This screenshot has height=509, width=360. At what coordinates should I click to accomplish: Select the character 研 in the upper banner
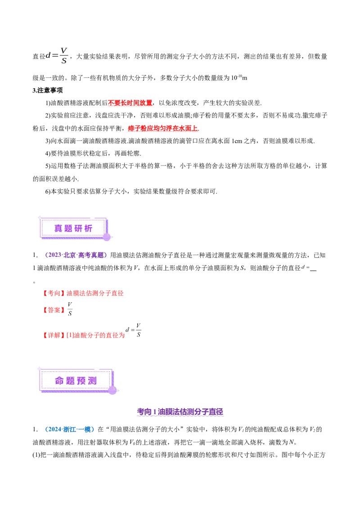pos(78,228)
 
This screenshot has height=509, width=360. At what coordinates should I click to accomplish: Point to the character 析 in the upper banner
pos(88,228)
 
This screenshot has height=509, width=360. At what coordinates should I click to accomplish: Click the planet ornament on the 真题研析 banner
pos(107,237)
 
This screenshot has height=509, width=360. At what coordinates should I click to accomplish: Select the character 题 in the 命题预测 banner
pos(70,381)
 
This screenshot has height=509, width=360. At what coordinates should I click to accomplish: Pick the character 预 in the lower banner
pos(81,381)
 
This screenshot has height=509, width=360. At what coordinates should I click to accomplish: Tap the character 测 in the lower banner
pos(92,381)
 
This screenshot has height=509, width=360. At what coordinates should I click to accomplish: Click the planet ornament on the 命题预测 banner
pos(112,390)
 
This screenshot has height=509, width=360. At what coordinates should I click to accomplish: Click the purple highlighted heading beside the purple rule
pos(180,412)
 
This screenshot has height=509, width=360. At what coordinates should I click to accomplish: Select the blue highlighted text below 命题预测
pos(70,430)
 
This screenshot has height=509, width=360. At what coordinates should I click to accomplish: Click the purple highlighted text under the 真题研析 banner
pos(76,255)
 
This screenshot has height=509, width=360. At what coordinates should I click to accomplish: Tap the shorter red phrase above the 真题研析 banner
pos(130,103)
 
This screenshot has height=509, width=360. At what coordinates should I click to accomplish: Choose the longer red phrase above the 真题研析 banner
pos(162,129)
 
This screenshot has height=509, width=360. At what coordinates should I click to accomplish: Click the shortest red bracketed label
pos(54,310)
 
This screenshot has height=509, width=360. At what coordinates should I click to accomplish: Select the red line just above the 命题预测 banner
pos(84,335)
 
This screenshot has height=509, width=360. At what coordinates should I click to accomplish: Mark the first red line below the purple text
pos(84,294)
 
